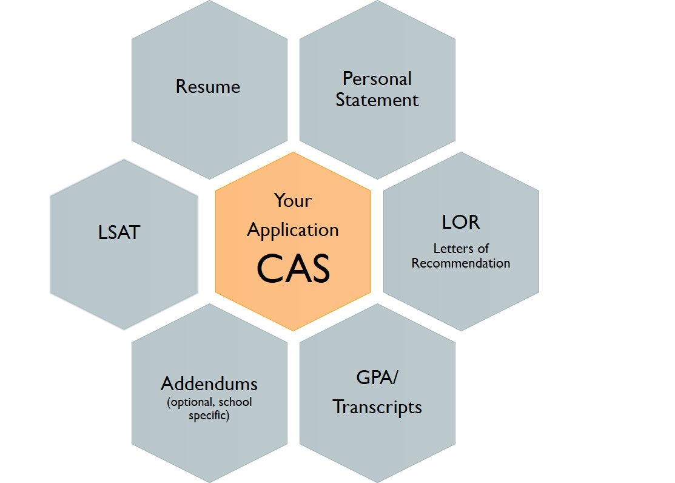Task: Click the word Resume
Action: [x=208, y=87]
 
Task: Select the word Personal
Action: [x=377, y=78]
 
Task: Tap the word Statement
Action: [x=377, y=100]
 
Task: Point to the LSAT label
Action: [x=119, y=232]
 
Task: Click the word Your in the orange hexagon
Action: [x=293, y=200]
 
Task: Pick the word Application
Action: [x=293, y=231]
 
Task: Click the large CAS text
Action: [x=293, y=268]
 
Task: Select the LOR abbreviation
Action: [x=461, y=222]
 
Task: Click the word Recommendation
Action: [x=461, y=263]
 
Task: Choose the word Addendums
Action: [x=209, y=384]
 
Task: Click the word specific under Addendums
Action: [x=209, y=416]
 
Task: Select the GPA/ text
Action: [x=377, y=378]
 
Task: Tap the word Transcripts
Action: [x=377, y=408]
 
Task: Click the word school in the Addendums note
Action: [x=235, y=402]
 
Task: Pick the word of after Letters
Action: [x=483, y=249]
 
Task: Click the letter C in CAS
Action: [x=269, y=268]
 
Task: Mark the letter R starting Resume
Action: [x=181, y=87]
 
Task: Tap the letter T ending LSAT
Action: [x=134, y=232]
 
